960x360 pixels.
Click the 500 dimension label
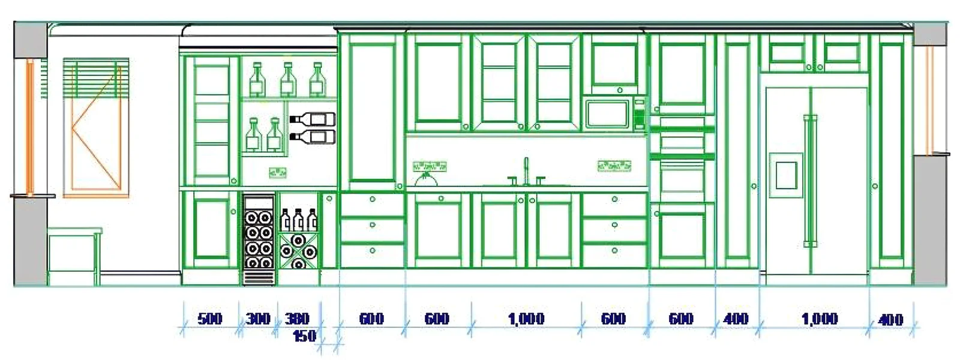[210, 319]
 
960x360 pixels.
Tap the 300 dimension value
[258, 319]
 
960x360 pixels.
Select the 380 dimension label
[297, 319]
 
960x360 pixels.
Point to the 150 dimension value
[304, 337]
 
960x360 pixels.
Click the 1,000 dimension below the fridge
[820, 319]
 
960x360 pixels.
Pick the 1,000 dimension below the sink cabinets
[526, 319]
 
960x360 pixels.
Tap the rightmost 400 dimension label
[890, 320]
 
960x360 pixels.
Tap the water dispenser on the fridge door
[786, 175]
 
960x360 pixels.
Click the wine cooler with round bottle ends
[259, 238]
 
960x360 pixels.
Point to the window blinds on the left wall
[96, 77]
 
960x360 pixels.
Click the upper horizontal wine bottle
[313, 119]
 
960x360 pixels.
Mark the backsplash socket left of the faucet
[430, 166]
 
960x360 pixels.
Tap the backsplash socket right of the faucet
[614, 166]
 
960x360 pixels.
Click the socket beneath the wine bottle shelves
[277, 173]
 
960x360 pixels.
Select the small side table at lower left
[73, 255]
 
